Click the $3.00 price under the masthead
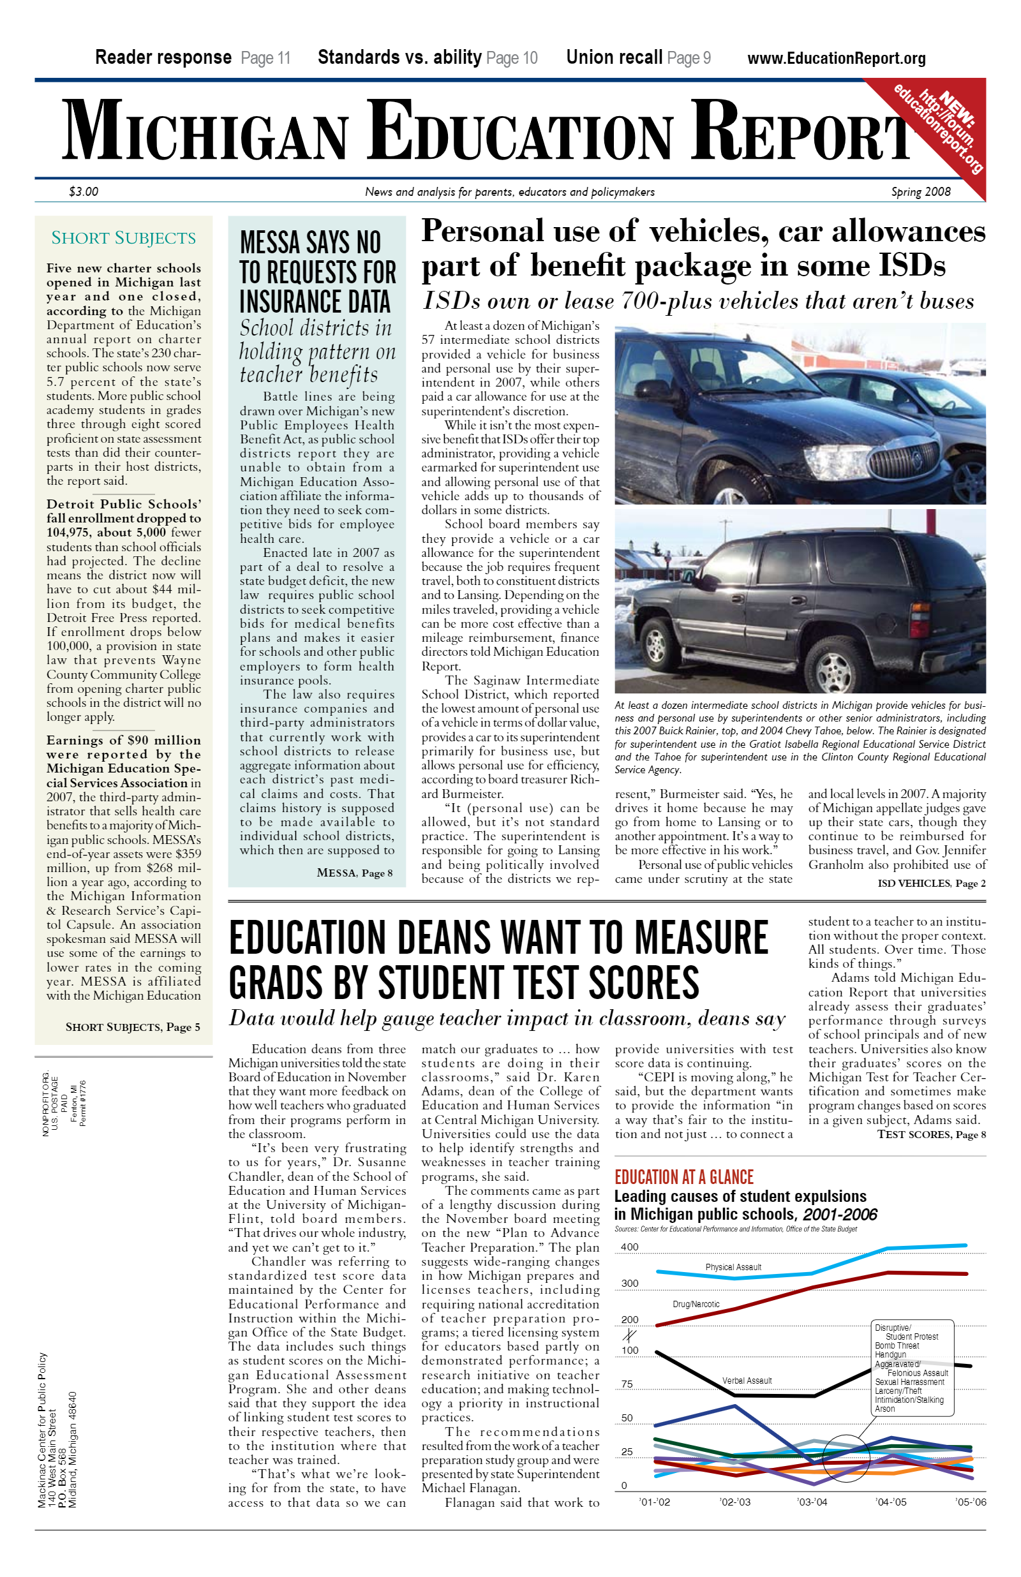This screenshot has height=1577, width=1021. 84,191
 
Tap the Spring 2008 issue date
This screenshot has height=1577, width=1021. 920,191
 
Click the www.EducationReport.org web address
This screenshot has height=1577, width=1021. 836,58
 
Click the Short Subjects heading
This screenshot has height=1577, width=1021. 123,238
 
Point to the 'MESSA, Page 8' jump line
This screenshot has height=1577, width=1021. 355,873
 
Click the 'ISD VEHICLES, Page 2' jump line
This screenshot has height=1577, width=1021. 932,884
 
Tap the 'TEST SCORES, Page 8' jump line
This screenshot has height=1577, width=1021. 932,1134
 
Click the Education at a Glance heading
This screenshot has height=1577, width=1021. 683,1177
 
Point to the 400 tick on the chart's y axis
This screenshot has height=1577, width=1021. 629,1247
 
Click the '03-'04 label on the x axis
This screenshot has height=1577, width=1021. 812,1502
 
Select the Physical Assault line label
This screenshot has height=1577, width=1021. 733,1267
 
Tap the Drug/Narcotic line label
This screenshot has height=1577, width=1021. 696,1304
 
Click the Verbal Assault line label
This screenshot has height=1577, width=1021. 747,1381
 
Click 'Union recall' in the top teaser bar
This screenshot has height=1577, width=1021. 614,57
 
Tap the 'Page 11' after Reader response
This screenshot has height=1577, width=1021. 266,58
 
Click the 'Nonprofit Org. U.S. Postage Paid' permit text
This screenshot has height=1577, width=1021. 64,1103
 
